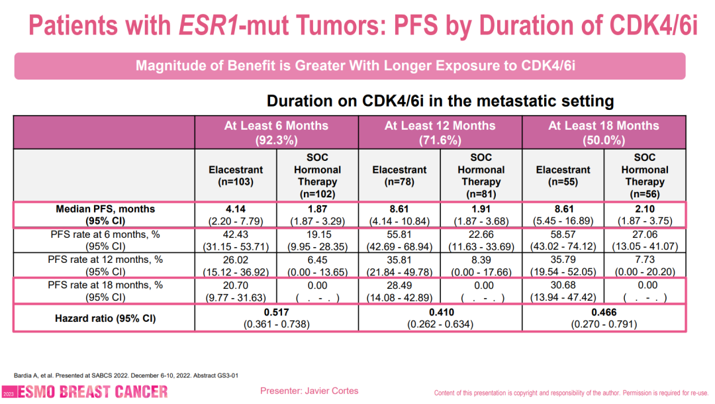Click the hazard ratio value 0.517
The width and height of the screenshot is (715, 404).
pos(277,313)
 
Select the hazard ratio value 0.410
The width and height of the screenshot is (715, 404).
pos(440,313)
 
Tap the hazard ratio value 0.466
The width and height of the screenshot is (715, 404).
pos(604,313)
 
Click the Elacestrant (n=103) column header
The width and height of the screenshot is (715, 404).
pos(236,176)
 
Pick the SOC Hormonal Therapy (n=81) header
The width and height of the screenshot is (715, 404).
pos(481,176)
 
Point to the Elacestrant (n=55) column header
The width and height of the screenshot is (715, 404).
pos(563,176)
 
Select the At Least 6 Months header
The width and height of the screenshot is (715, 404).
pos(276,126)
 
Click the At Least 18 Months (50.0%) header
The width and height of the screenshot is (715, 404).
pos(604,132)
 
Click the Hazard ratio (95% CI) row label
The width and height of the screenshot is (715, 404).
pos(105,319)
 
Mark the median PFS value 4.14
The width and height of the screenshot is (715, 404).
pos(236,209)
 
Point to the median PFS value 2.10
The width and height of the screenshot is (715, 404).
pos(644,209)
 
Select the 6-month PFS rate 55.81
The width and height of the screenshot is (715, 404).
pos(399,234)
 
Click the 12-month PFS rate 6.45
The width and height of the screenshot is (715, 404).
pos(318,259)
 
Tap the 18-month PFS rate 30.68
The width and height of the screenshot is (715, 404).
pos(563,284)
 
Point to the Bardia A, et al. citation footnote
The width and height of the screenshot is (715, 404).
pos(126,376)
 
